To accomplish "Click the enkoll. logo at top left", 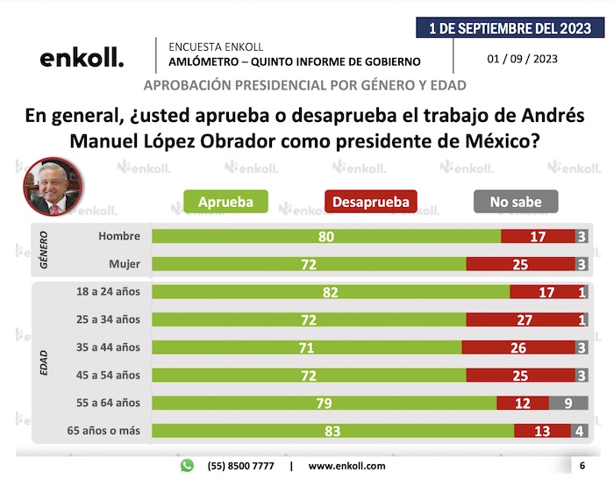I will (82, 59).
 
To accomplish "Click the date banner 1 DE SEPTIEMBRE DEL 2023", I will (510, 28).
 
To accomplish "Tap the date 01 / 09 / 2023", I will (523, 60).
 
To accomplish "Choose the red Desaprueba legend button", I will (371, 202).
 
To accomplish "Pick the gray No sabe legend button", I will (515, 202).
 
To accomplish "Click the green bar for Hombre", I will (326, 236).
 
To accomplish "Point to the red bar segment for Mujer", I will (520, 264).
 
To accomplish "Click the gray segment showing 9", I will (568, 404).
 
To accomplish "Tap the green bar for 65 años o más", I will (332, 432).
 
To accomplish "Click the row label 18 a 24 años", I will (109, 291).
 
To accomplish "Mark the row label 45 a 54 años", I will (109, 376).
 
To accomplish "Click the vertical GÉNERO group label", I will (43, 249).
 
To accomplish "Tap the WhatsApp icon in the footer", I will (187, 465).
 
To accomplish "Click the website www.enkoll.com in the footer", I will (347, 466).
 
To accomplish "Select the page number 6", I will (582, 465).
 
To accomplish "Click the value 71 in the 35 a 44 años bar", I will (306, 347).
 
